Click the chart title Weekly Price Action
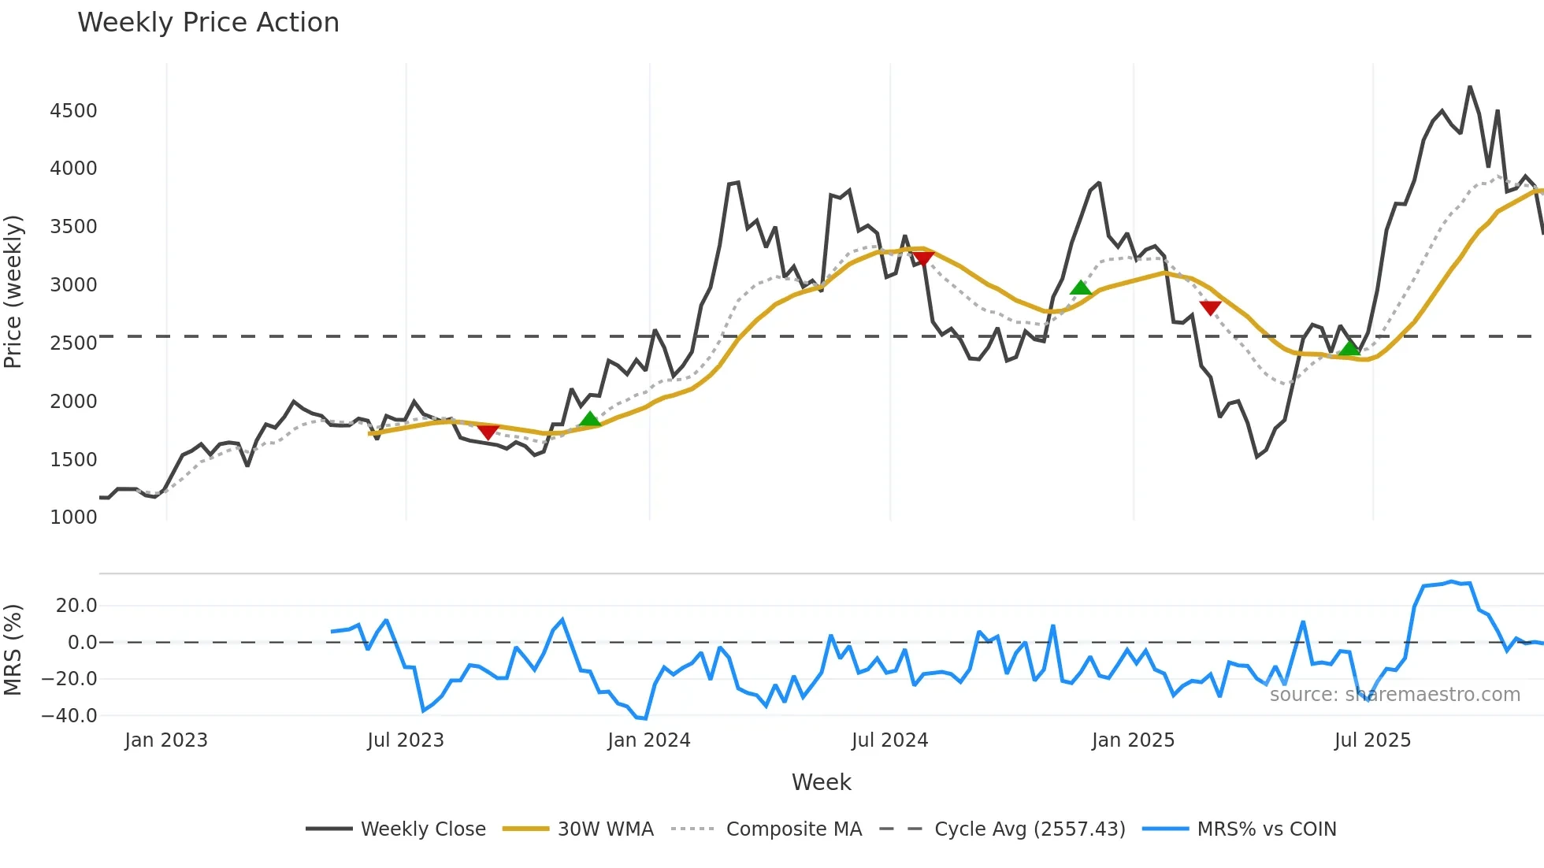208,23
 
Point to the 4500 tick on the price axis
73,111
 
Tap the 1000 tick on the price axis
73,517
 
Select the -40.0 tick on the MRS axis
69,716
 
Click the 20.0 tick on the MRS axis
76,606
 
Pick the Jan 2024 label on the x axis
648,740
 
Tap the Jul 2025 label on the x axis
1372,740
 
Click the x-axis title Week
821,782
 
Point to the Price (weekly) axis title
13,291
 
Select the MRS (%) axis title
13,650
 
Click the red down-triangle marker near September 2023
488,432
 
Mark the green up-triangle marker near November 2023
590,419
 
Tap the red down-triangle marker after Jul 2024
922,258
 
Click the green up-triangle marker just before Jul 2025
1349,348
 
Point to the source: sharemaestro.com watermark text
1394,695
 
